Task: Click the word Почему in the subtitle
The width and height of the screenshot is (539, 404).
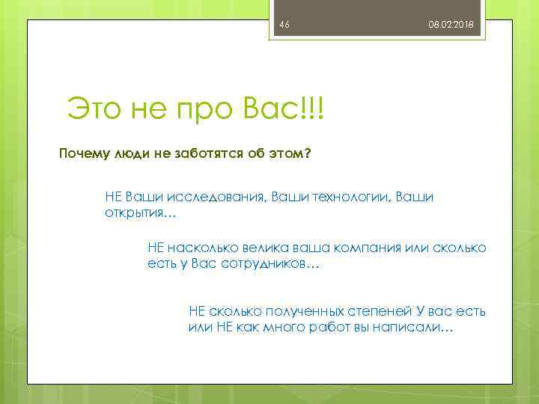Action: [x=84, y=154]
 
